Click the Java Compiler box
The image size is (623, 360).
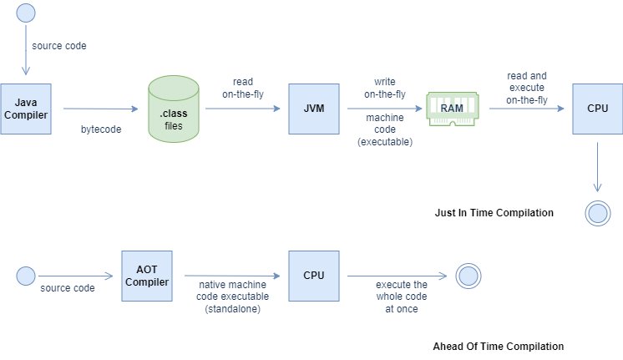24,109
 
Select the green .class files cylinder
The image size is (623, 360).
173,108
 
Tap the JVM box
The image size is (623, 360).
313,109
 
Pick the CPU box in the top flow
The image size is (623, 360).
597,109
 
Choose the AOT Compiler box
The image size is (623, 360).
146,276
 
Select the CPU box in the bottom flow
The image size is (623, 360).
313,276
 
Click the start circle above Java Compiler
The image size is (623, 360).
26,13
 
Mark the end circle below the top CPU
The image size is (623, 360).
598,214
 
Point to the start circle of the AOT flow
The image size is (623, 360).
26,276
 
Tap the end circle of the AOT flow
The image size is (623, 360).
469,276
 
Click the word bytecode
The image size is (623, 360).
102,129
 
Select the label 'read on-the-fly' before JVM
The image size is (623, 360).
244,89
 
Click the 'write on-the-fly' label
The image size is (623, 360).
384,89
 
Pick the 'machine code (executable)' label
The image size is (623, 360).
384,129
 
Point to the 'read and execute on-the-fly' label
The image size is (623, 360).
527,88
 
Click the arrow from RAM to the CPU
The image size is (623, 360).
526,109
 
